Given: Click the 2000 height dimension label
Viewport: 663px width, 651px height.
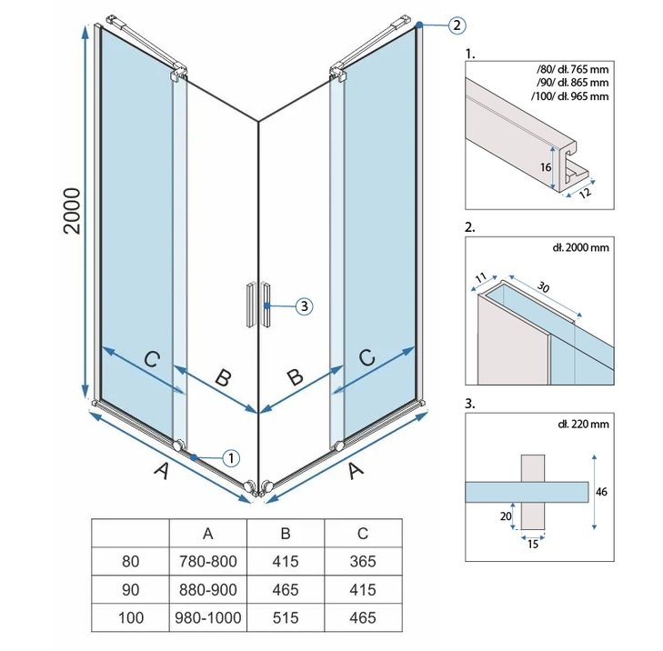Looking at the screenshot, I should pyautogui.click(x=73, y=211).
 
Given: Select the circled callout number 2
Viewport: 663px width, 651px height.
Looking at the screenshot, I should pyautogui.click(x=456, y=25).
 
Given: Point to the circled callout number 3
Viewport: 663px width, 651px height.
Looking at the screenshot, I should pyautogui.click(x=304, y=306).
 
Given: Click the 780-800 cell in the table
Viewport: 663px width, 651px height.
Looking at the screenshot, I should pyautogui.click(x=208, y=562).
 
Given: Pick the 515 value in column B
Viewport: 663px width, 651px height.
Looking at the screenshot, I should pyautogui.click(x=286, y=617).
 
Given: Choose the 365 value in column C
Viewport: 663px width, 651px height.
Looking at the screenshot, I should pyautogui.click(x=362, y=562).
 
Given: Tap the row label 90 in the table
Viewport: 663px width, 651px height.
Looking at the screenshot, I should pyautogui.click(x=131, y=590).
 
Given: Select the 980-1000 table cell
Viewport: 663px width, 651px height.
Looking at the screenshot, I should pyautogui.click(x=208, y=617).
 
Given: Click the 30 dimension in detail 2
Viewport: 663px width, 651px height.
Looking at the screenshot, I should pyautogui.click(x=543, y=286).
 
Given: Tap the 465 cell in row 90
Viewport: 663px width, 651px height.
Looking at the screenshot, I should pyautogui.click(x=286, y=590).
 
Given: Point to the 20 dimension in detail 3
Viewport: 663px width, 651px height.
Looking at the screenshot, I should pyautogui.click(x=506, y=517).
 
